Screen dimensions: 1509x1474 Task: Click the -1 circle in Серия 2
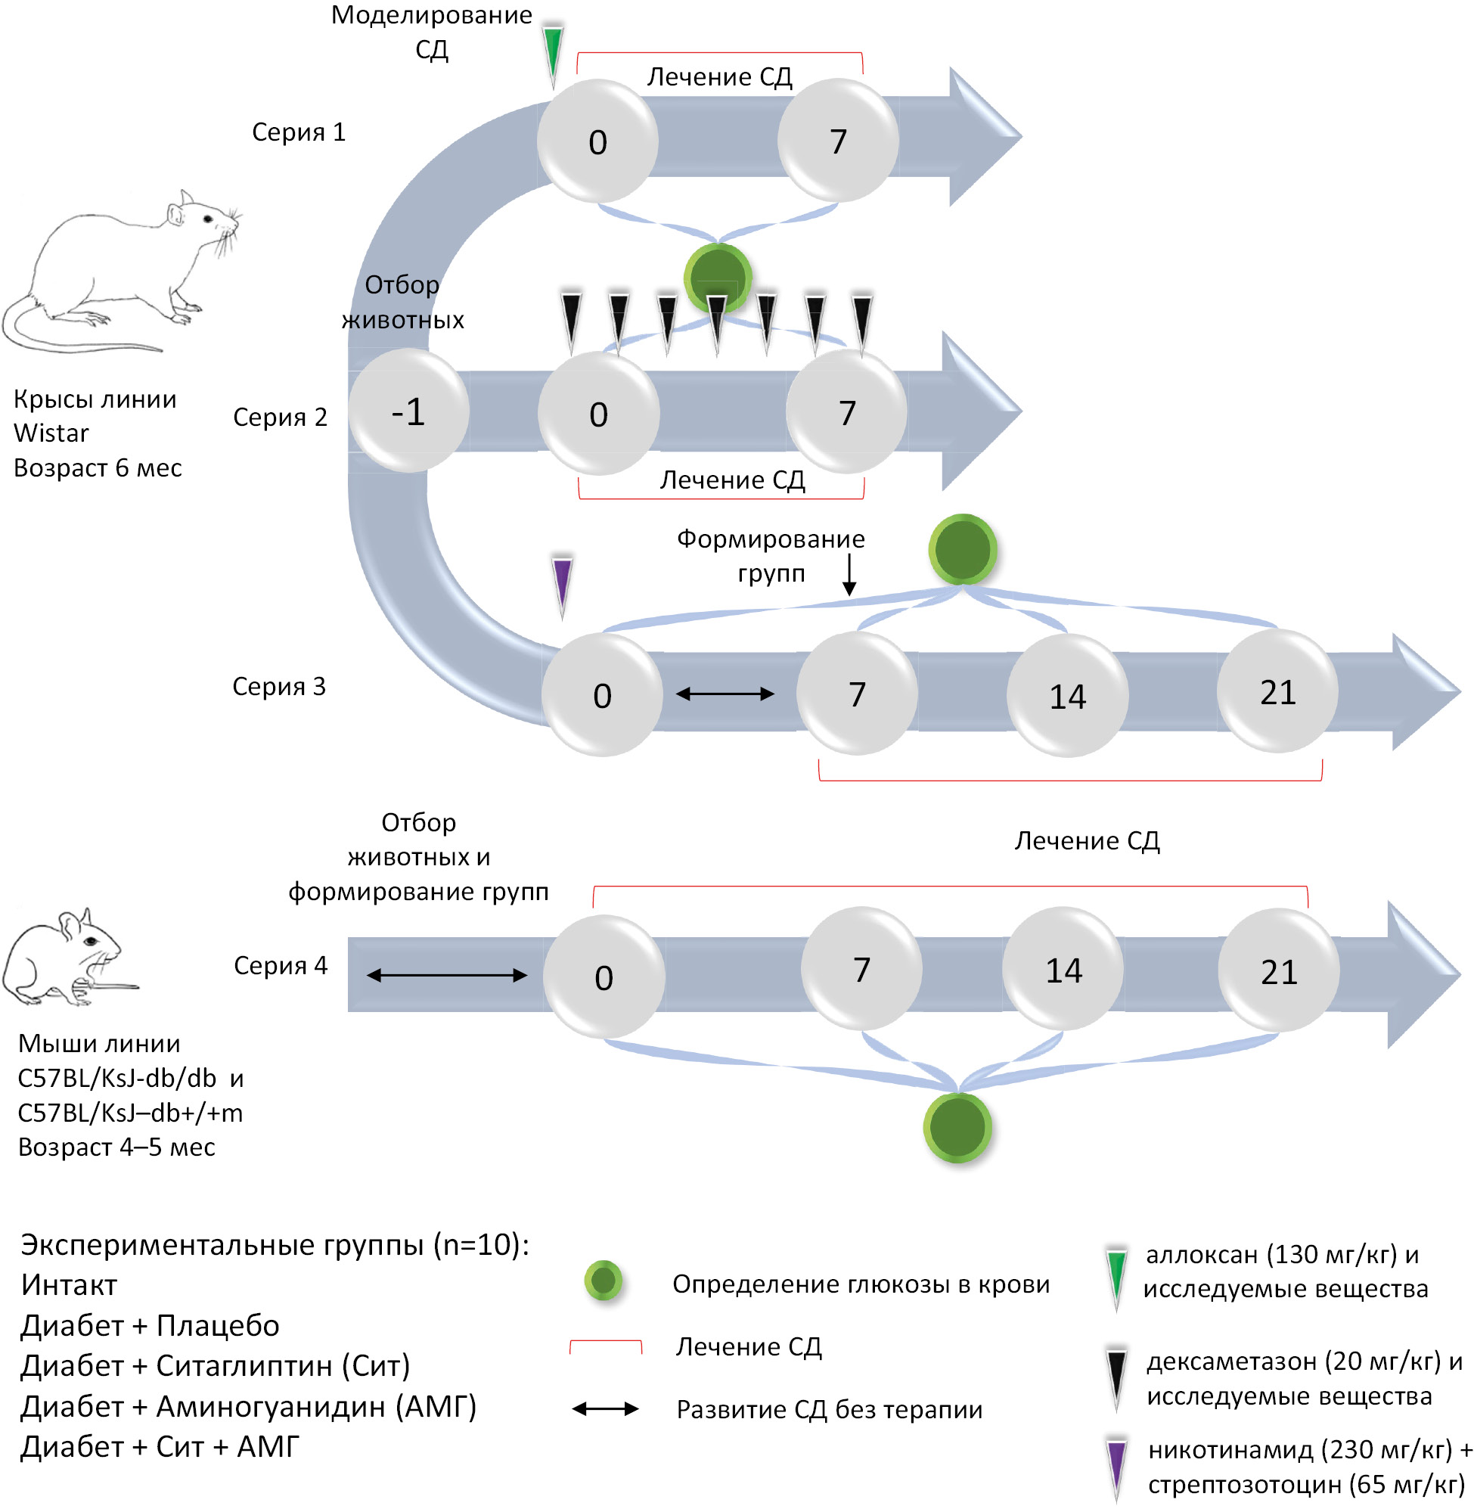408,411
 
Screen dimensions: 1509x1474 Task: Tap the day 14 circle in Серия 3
1067,695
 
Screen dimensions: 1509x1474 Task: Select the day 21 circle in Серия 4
1278,972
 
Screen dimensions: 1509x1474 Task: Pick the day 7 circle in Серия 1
838,141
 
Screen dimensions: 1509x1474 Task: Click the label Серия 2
280,418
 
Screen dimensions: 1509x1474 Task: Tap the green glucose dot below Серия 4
957,1127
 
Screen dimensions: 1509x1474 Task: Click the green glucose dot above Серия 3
962,549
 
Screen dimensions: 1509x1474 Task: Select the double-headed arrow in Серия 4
447,976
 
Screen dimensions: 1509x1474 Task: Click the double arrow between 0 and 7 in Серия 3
725,694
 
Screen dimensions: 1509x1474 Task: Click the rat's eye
207,219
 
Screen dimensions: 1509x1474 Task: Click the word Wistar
51,433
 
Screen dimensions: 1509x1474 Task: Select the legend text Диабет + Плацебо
150,1326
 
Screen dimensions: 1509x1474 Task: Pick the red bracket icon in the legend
605,1346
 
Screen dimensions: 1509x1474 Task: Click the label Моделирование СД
431,32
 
